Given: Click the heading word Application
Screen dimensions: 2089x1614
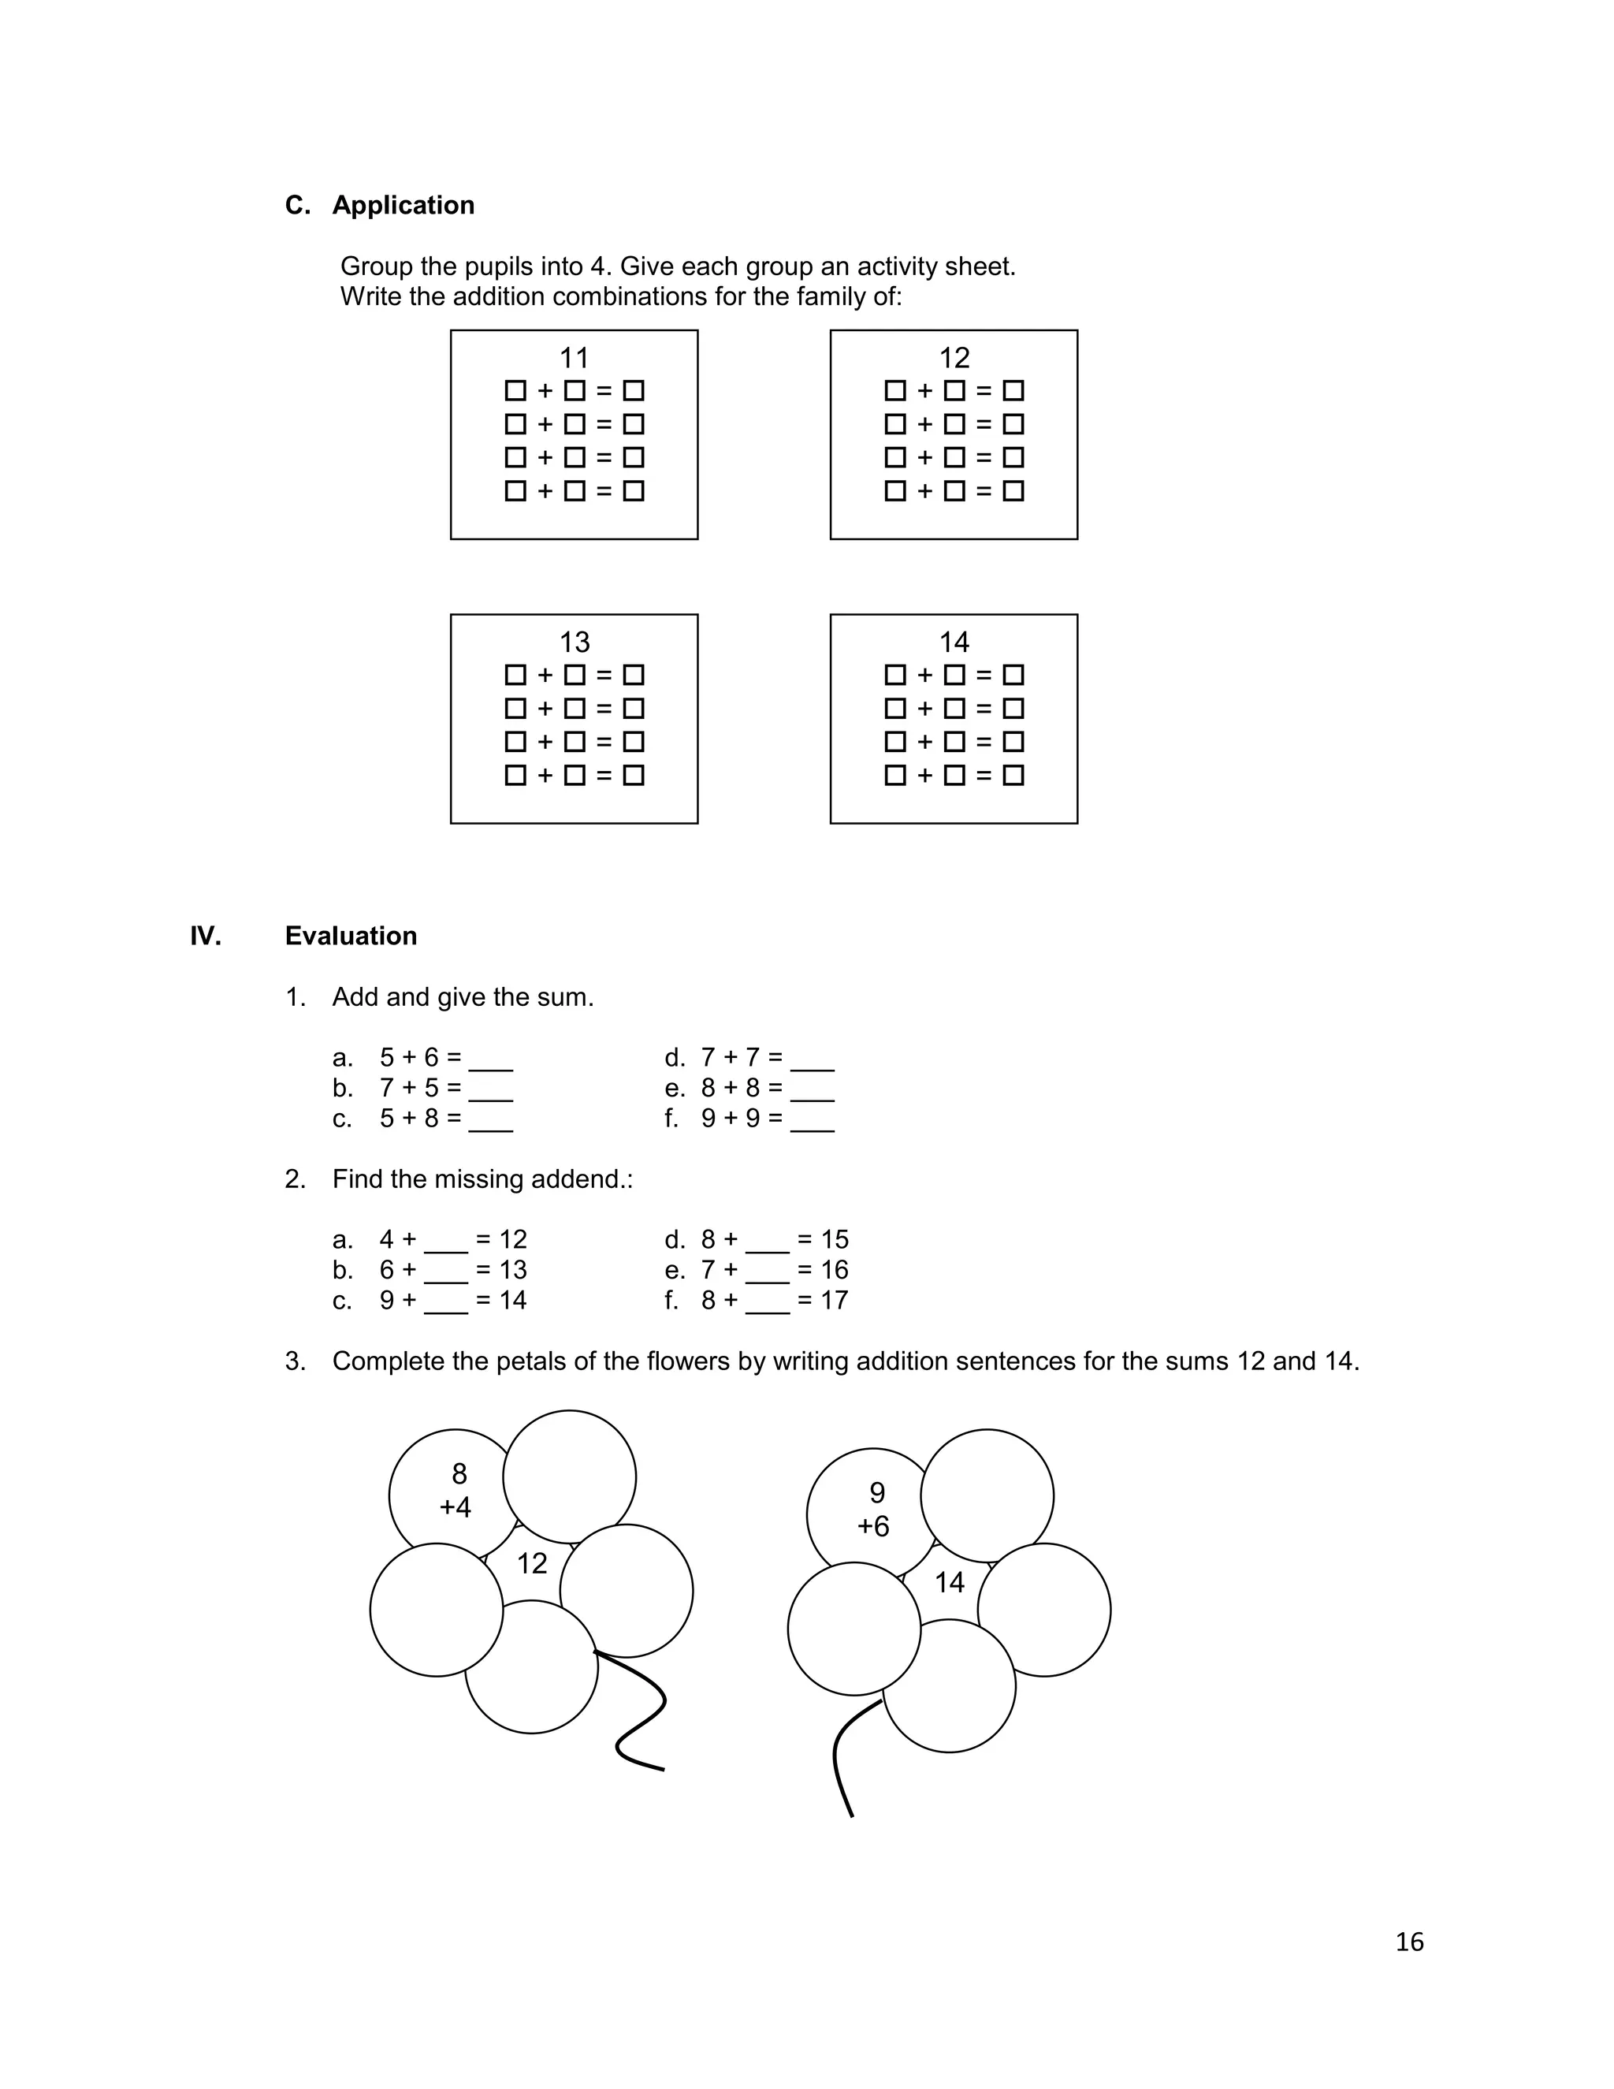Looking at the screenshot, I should click(403, 206).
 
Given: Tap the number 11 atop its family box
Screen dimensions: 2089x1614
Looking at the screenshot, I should click(574, 358).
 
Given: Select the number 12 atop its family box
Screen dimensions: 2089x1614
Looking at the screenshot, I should click(954, 358).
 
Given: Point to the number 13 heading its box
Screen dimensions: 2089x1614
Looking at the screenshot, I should click(574, 642).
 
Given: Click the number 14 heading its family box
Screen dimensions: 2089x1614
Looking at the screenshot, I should click(954, 642).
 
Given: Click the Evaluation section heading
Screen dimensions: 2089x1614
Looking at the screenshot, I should click(350, 936).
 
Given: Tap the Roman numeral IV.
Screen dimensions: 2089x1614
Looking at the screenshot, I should click(206, 936).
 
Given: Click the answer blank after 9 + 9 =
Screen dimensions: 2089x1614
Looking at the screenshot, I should click(812, 1124).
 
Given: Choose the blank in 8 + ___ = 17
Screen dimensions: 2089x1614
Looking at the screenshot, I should click(767, 1305).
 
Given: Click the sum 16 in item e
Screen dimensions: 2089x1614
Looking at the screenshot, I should click(834, 1270).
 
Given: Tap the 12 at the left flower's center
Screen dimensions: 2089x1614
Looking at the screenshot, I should click(532, 1563).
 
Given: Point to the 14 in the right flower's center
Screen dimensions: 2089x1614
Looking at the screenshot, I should click(949, 1582).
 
